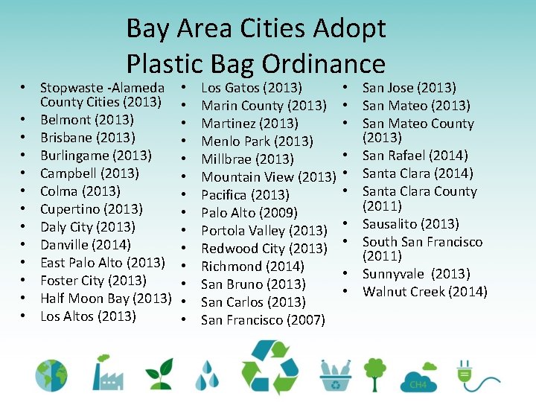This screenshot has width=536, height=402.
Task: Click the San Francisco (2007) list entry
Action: pos(263,320)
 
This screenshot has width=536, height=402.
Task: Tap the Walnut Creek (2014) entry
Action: pos(424,291)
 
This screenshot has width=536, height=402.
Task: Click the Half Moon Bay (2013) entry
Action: pos(106,298)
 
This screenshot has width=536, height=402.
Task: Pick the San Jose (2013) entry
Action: pos(409,88)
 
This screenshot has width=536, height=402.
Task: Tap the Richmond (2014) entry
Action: pos(242,267)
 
